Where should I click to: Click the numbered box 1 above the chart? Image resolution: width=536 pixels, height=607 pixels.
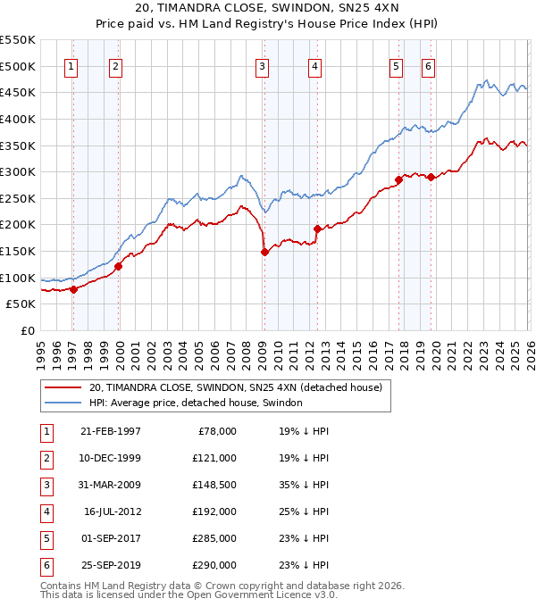[71, 65]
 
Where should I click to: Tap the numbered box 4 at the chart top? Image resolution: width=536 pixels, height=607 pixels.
[315, 65]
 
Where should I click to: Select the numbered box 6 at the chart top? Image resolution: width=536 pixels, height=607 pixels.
[429, 65]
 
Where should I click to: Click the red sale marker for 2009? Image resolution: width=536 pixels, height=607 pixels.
[264, 253]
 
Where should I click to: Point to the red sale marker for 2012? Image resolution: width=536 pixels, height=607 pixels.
[316, 229]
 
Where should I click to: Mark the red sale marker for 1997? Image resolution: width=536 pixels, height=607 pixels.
[74, 288]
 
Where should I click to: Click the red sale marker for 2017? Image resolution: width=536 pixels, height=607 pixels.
[398, 179]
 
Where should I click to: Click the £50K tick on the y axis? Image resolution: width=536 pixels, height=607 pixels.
[21, 304]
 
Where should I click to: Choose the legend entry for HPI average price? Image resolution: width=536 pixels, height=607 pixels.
[195, 403]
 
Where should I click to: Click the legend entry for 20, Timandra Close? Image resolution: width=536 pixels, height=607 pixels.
[235, 387]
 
